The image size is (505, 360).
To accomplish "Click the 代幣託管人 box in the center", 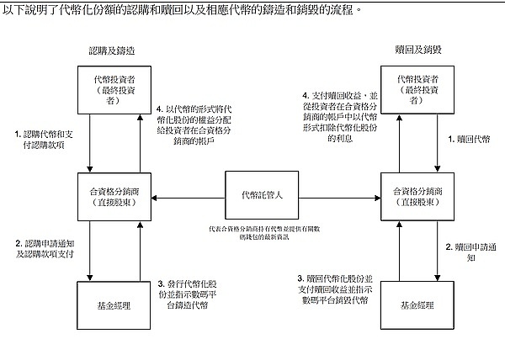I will (x=261, y=196).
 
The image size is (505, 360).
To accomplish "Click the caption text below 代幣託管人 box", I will (x=261, y=232).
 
